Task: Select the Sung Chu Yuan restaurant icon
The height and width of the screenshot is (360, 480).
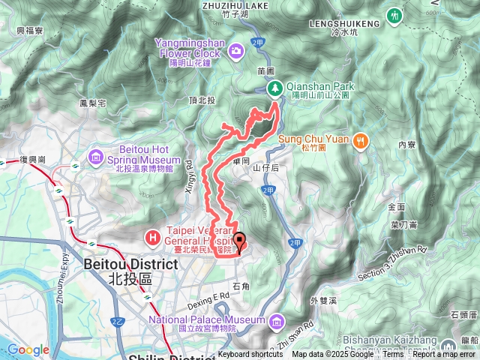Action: tap(361, 139)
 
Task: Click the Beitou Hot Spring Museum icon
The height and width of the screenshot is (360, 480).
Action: tap(97, 156)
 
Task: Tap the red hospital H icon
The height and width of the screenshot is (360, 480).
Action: tap(153, 238)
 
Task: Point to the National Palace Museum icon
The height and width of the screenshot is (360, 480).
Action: tap(277, 322)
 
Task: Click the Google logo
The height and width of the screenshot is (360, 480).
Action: tap(28, 349)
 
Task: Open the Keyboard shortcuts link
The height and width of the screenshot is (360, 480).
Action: tap(250, 355)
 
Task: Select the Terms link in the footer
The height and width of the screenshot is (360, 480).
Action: tap(393, 355)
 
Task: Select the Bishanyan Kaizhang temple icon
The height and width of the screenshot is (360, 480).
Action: tap(448, 346)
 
